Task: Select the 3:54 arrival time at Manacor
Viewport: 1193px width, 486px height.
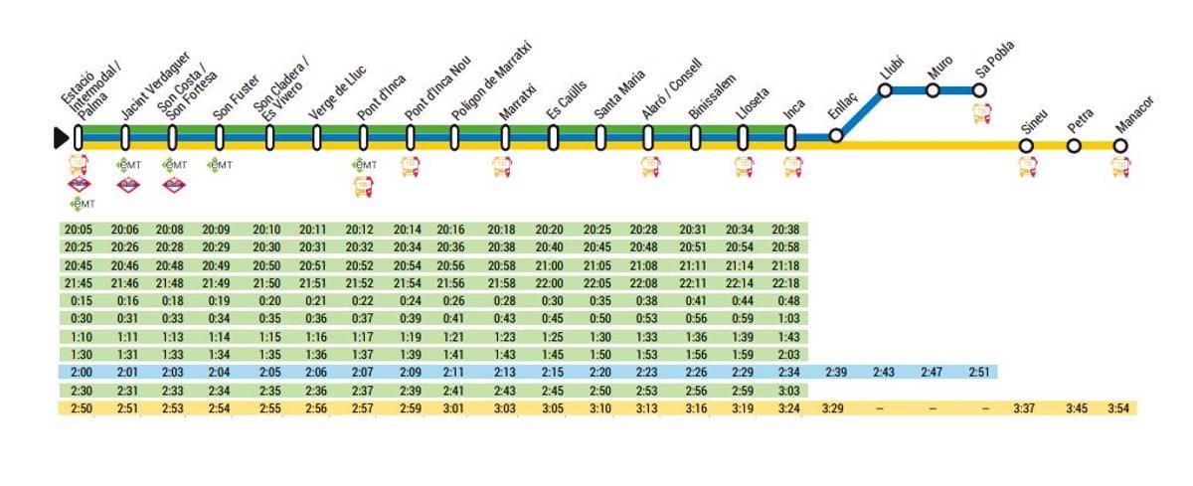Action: (x=1121, y=408)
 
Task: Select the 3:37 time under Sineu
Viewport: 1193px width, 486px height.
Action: (x=1027, y=408)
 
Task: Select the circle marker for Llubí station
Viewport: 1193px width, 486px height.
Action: (x=885, y=90)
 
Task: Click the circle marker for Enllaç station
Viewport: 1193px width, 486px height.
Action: (x=836, y=135)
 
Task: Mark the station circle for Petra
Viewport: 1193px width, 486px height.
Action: (x=1074, y=146)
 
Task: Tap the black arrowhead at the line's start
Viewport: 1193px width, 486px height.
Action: (x=62, y=137)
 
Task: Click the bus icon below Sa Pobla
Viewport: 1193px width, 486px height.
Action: (x=981, y=112)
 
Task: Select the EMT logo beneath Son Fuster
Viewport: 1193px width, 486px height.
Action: (x=220, y=165)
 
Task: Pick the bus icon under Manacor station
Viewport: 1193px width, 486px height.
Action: (x=1120, y=167)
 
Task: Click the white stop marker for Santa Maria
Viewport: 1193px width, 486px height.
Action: (x=601, y=138)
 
